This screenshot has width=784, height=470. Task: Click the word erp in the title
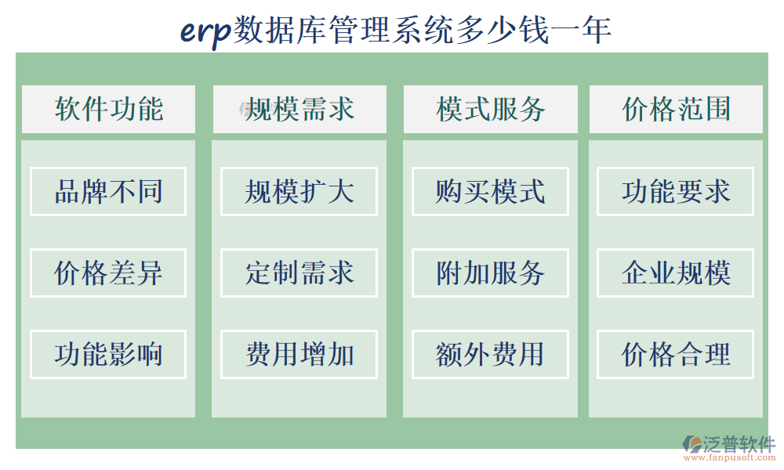click(x=205, y=31)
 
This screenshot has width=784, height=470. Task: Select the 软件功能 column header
click(x=108, y=109)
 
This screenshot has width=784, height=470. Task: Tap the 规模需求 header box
click(x=299, y=109)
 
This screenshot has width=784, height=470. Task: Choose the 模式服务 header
click(x=490, y=109)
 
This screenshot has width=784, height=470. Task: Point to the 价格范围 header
click(x=676, y=109)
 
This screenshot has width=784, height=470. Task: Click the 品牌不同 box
click(x=108, y=191)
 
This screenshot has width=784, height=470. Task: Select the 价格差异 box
click(x=108, y=273)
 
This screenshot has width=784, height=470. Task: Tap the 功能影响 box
click(x=108, y=354)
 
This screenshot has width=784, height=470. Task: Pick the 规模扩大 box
click(x=299, y=191)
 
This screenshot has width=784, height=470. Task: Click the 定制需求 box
click(x=299, y=273)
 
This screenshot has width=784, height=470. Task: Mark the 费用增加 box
click(x=299, y=354)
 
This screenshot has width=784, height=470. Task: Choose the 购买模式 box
click(x=490, y=191)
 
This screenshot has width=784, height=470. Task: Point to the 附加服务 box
click(x=490, y=273)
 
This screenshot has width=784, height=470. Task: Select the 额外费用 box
click(x=490, y=354)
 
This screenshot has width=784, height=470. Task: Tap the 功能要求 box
click(x=676, y=191)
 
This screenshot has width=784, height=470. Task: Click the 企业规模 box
click(x=676, y=273)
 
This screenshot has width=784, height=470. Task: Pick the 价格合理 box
click(x=676, y=354)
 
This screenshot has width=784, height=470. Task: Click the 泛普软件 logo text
click(x=739, y=443)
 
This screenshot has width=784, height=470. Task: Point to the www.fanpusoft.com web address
click(x=730, y=458)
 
